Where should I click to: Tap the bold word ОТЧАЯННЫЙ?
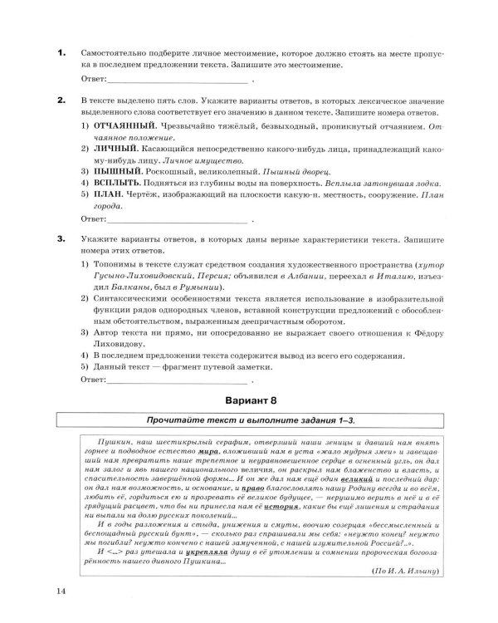(123, 125)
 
